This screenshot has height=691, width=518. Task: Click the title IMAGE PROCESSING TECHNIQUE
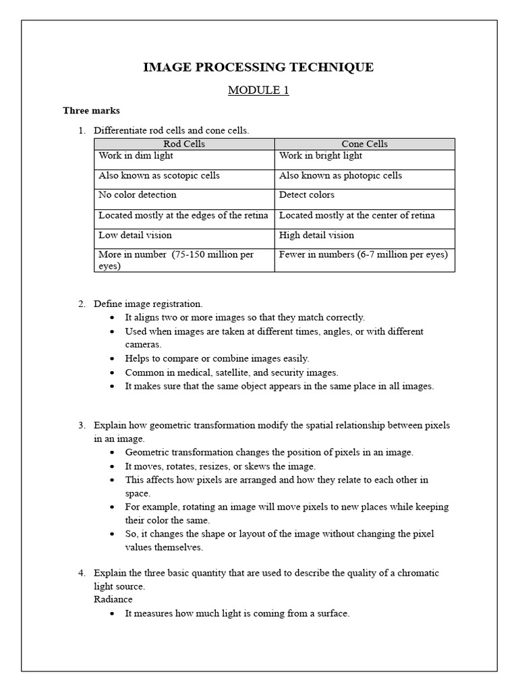pos(258,67)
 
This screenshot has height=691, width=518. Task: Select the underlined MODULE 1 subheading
pos(258,90)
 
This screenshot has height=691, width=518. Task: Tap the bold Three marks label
pos(91,110)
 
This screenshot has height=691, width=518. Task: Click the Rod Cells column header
pos(184,144)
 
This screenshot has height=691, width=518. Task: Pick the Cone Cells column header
pos(364,144)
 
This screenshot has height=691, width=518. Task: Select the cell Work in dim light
pos(136,156)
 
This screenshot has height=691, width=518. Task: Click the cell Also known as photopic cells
pos(341,175)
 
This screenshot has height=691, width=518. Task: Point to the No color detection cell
pos(138,195)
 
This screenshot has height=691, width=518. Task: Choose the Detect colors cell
pos(307,195)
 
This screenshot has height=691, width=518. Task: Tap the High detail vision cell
pos(316,235)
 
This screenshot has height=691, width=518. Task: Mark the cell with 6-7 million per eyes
pos(363,254)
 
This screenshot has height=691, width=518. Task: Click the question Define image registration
pos(148,304)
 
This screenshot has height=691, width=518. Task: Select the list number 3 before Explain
pos(81,426)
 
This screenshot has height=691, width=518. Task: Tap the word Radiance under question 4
pos(113,599)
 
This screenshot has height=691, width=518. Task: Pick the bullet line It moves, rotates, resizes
pos(220,466)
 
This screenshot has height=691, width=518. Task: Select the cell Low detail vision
pos(136,235)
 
